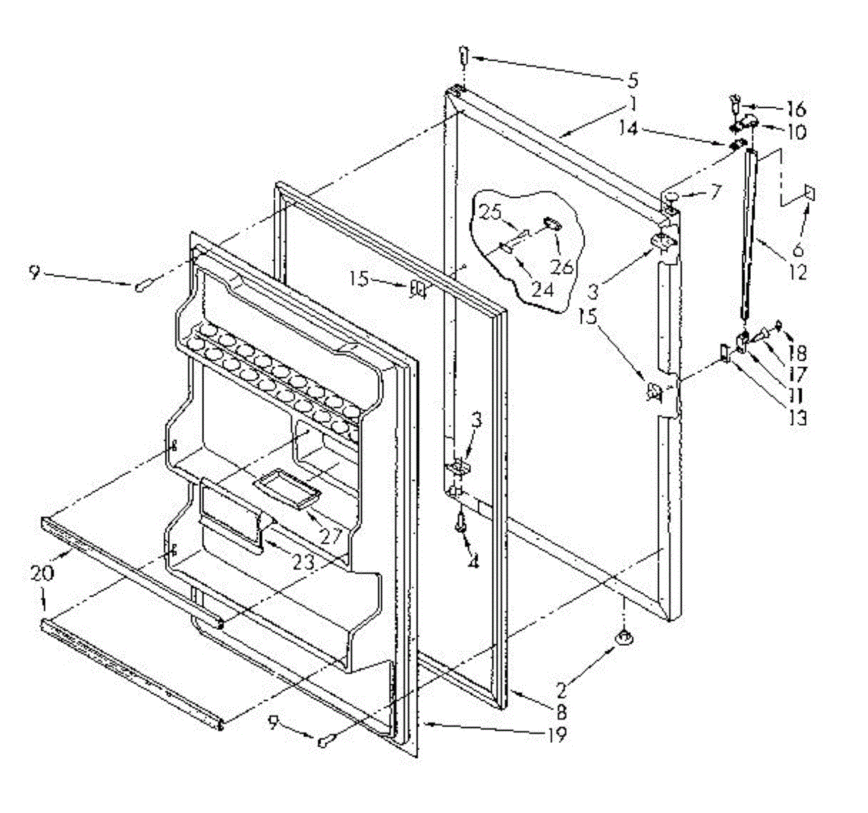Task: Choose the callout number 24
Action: point(542,290)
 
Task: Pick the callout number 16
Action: point(796,109)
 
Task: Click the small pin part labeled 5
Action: point(464,56)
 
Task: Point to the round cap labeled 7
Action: point(671,195)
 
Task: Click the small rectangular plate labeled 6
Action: point(809,194)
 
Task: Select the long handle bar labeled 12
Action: point(749,232)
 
